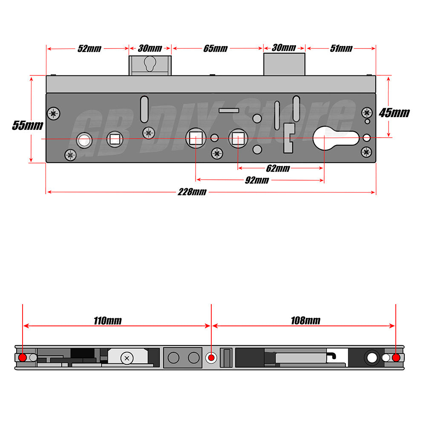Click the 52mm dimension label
89,49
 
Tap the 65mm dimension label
216,49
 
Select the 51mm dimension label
341,49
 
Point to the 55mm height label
27,126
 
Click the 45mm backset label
394,113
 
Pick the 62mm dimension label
278,168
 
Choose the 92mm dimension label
257,180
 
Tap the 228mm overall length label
192,192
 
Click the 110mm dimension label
108,321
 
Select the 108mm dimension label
305,321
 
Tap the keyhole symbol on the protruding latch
150,63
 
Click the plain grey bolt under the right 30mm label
285,64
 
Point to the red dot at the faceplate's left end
23,357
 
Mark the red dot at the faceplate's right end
396,357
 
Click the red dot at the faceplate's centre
211,357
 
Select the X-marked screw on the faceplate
127,358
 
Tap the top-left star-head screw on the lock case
54,113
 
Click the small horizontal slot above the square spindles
229,111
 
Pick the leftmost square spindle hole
115,139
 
